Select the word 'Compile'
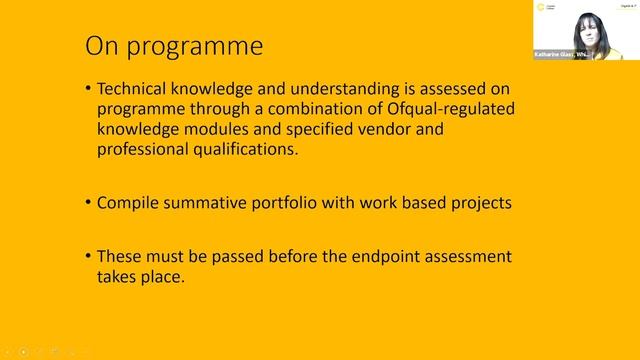(x=128, y=202)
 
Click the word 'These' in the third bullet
(x=119, y=256)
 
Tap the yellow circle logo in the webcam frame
(x=542, y=8)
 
